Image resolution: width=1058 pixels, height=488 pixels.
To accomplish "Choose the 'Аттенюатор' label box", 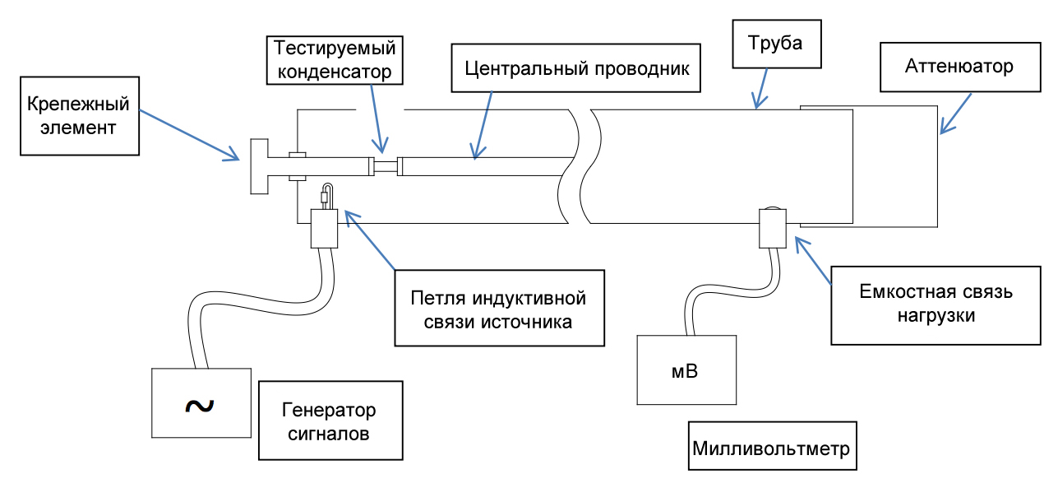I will (959, 66).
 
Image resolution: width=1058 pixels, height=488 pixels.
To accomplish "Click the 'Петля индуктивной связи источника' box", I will (499, 306).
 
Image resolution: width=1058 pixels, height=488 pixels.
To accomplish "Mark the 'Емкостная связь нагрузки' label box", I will (936, 304).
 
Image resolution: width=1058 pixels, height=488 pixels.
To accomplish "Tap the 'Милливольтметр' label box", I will (770, 448).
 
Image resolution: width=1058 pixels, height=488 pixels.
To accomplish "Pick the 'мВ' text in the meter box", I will (685, 370).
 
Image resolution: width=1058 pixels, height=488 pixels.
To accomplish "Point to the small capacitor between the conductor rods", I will (386, 166).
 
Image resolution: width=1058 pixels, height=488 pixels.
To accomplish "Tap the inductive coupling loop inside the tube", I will (326, 195).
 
